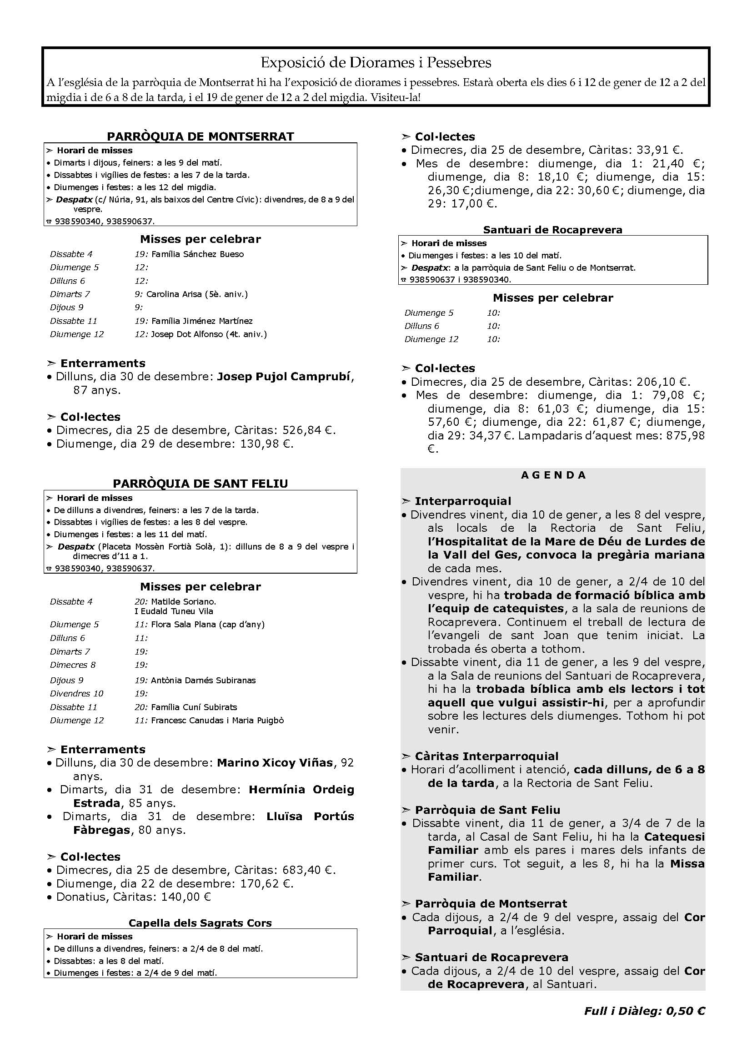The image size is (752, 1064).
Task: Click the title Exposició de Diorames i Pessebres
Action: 376,63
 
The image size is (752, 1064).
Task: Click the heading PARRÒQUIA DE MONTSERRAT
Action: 201,136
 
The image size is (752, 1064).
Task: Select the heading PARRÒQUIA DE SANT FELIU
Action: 201,484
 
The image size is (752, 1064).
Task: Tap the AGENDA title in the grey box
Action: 553,475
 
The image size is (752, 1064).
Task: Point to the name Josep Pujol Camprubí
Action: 283,376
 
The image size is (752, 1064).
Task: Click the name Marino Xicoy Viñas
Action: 275,762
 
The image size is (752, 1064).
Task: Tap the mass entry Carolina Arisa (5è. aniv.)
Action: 197,294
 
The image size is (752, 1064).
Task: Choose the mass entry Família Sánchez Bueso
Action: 197,254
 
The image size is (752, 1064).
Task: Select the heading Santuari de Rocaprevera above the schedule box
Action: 552,230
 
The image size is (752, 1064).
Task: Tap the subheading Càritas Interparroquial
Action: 486,756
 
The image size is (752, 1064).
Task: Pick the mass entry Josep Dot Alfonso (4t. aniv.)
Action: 209,334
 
